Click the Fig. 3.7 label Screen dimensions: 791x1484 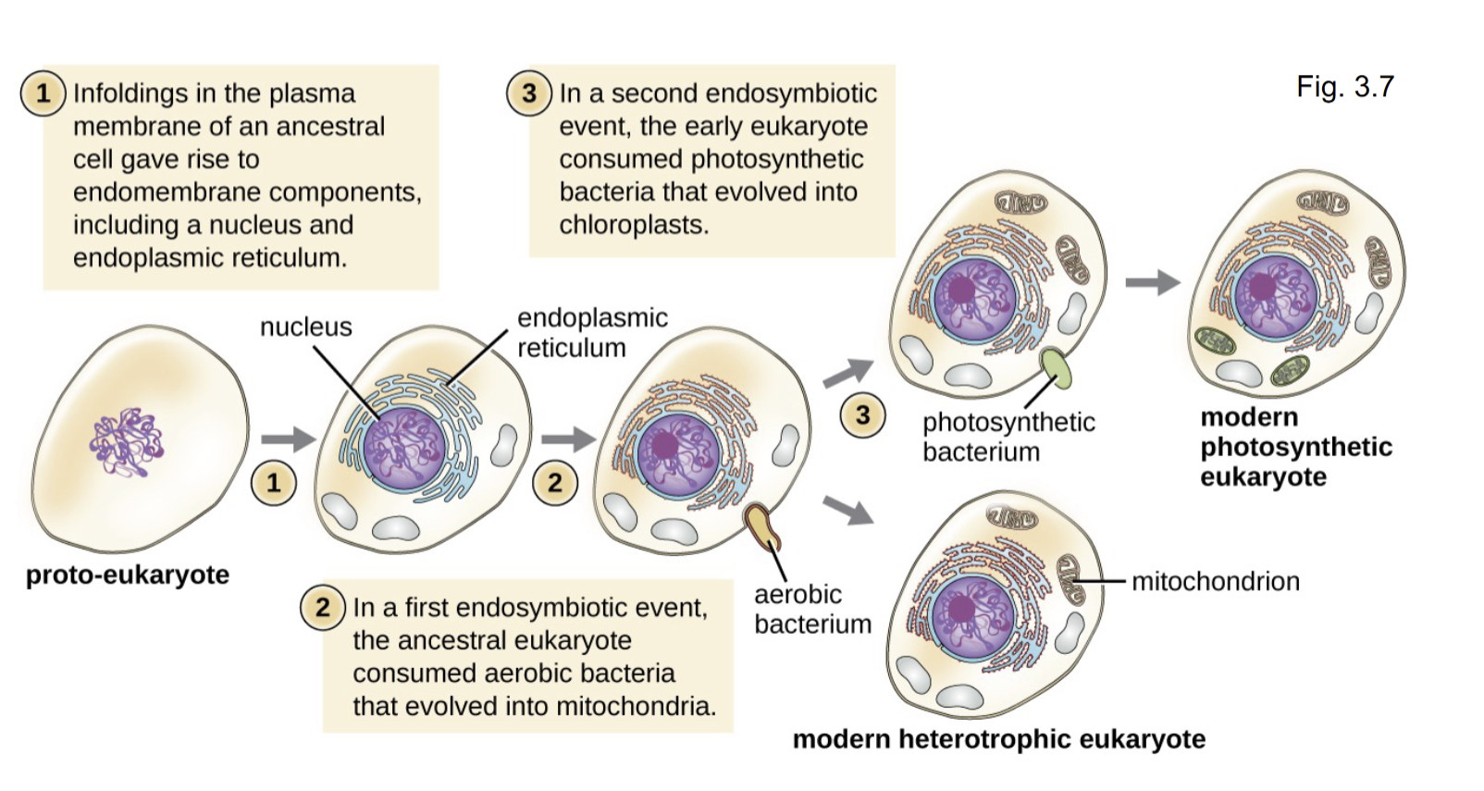click(x=1344, y=87)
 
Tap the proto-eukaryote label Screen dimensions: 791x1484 click(x=128, y=575)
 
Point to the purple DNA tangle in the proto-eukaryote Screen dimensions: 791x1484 click(x=126, y=443)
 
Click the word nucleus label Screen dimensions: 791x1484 click(x=305, y=327)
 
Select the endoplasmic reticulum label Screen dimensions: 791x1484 click(x=591, y=333)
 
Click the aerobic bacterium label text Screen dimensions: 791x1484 click(x=811, y=609)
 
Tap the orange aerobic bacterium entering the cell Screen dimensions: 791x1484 click(x=763, y=526)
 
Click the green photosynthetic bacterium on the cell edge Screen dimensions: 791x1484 click(x=1057, y=367)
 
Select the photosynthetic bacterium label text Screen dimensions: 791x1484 click(x=1008, y=437)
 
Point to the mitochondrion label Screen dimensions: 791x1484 click(x=1215, y=581)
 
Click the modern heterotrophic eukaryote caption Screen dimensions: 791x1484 click(x=998, y=739)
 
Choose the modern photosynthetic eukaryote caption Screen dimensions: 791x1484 click(x=1295, y=447)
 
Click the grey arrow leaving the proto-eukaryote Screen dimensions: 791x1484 click(x=288, y=439)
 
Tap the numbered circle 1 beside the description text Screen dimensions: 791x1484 click(x=43, y=93)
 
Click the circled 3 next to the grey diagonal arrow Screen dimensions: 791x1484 click(x=862, y=414)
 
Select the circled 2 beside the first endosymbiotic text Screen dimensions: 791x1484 click(x=322, y=608)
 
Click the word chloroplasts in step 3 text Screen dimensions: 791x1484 click(x=633, y=225)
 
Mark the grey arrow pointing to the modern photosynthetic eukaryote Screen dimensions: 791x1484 click(x=1152, y=282)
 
